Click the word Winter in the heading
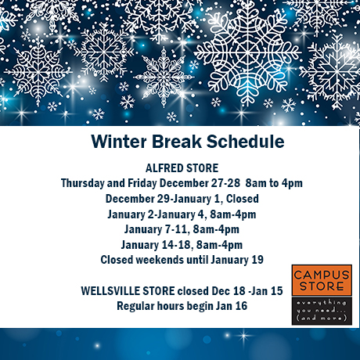[119, 142]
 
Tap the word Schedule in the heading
[246, 142]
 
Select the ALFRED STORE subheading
[182, 168]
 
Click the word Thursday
[82, 183]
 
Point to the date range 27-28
[225, 183]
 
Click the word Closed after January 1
[243, 199]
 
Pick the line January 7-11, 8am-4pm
[182, 229]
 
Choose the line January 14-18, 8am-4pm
[182, 245]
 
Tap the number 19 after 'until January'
[257, 260]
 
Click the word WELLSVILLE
[128, 291]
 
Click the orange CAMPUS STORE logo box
[322, 280]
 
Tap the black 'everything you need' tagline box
[322, 311]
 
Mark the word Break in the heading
[177, 142]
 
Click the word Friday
[142, 183]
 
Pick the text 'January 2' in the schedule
[131, 214]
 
